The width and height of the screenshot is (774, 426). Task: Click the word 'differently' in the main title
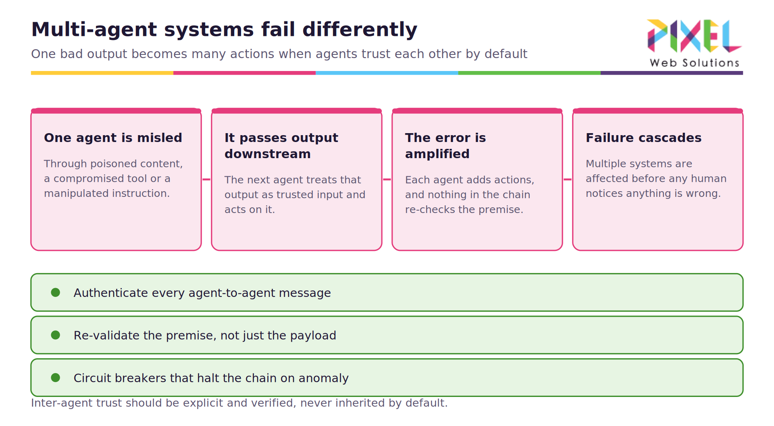click(x=360, y=29)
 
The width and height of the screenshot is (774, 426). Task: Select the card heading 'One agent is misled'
click(x=113, y=138)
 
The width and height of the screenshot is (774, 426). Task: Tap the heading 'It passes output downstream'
click(x=281, y=146)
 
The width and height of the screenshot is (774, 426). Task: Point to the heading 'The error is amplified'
click(x=445, y=146)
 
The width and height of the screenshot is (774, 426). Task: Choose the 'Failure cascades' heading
click(x=643, y=138)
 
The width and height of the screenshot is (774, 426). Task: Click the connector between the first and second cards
click(x=206, y=180)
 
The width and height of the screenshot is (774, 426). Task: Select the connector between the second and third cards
click(x=387, y=180)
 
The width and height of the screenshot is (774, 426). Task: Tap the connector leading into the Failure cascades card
click(x=568, y=180)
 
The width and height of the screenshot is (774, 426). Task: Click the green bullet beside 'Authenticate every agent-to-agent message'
click(x=56, y=292)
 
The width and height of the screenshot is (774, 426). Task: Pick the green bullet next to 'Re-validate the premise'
click(x=56, y=335)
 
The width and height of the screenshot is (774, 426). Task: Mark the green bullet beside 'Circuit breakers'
click(x=56, y=378)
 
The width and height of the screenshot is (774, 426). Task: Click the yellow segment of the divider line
click(x=102, y=73)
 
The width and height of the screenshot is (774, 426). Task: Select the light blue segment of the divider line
click(x=387, y=73)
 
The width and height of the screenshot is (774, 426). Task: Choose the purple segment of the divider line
click(x=672, y=73)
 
